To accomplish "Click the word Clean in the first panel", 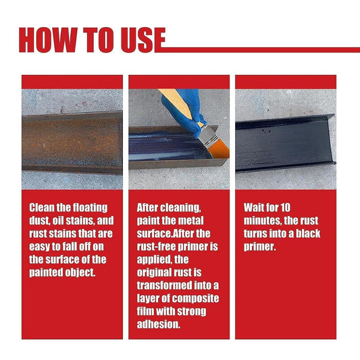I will click(43, 207).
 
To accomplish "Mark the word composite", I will click(195, 299).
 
